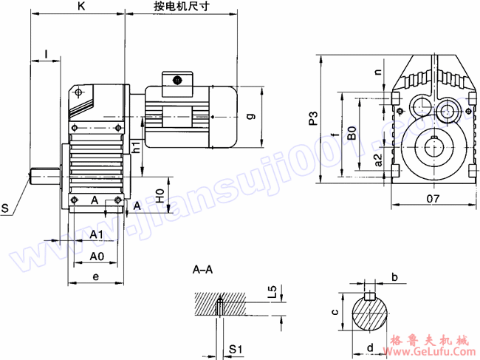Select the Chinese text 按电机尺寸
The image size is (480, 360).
179,7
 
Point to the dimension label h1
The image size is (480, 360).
137,147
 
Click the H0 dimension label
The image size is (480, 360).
160,197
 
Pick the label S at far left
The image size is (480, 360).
6,210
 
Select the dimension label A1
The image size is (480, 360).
97,234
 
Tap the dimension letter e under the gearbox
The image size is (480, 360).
97,276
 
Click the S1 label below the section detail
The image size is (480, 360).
235,347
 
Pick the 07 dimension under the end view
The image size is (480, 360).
433,199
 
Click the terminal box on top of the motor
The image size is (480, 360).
176,82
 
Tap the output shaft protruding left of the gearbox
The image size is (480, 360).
44,177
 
